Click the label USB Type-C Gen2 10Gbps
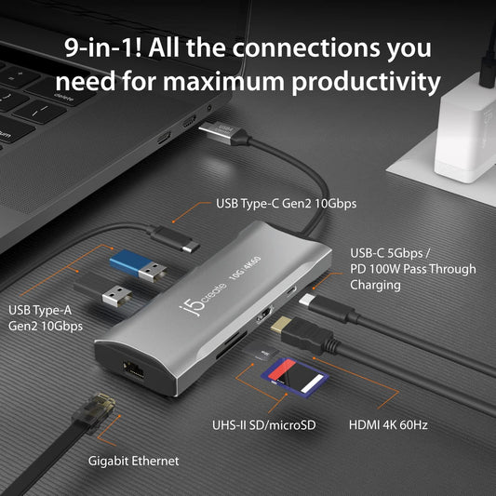286,203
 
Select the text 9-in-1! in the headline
101,47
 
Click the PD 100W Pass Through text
412,269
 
